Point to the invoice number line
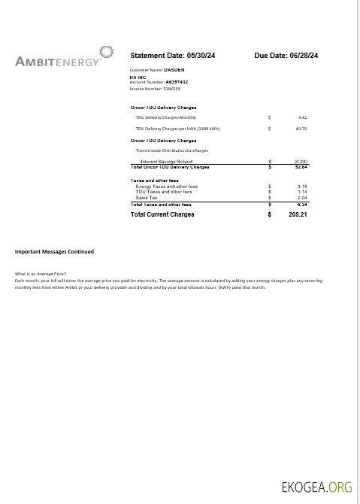click(150, 88)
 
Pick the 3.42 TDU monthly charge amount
click(302, 117)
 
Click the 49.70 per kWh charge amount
click(301, 129)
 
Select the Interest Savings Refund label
click(166, 161)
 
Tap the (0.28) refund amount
click(301, 161)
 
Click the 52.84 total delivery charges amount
click(301, 166)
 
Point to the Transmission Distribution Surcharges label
click(171, 150)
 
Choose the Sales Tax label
click(147, 197)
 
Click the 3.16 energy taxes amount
click(302, 186)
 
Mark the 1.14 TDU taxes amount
click(302, 192)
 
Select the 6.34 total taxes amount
click(302, 204)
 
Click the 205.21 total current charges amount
click(298, 214)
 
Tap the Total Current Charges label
click(162, 214)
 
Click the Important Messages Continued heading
click(54, 251)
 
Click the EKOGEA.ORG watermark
click(316, 487)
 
